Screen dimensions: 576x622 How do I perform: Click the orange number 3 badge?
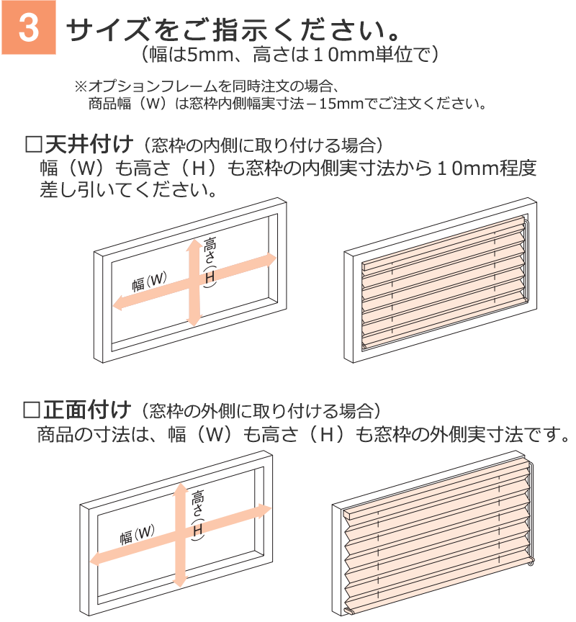[29, 27]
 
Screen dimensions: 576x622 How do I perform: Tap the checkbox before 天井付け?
[33, 145]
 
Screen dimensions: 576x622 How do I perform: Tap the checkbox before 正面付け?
[32, 410]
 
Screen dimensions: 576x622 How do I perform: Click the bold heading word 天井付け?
[89, 144]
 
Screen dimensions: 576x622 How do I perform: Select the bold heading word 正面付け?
[87, 410]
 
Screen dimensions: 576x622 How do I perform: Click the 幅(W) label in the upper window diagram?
[149, 281]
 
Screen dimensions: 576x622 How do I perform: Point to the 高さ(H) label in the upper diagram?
[210, 263]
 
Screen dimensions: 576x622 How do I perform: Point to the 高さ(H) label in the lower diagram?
[197, 515]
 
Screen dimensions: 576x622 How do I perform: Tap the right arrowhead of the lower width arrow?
[265, 510]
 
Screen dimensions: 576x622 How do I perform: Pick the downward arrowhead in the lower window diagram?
[180, 581]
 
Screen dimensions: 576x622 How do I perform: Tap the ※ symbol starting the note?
[81, 86]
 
